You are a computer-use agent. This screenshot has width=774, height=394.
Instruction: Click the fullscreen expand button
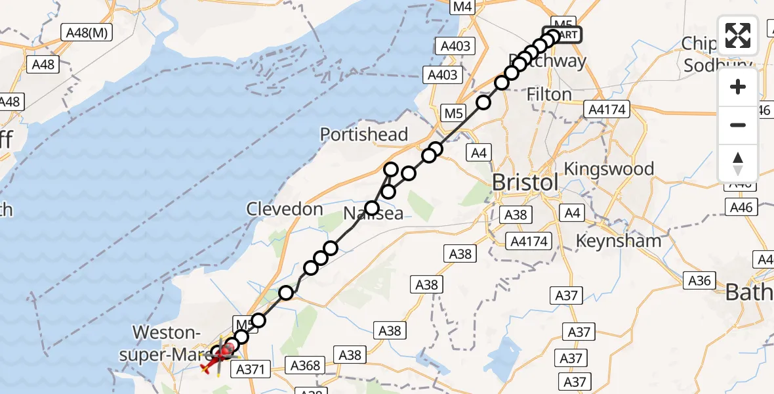click(738, 35)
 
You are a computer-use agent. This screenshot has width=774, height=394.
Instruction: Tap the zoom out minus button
click(738, 125)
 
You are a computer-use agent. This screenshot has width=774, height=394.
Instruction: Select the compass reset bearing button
click(738, 163)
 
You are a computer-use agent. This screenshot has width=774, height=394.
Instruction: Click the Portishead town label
click(364, 135)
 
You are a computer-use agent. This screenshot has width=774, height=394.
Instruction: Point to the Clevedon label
click(285, 209)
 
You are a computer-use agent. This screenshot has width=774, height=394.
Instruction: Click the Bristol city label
click(525, 183)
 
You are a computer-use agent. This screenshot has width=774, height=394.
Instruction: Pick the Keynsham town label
click(619, 241)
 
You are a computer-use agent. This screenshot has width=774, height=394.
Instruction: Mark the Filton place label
click(550, 95)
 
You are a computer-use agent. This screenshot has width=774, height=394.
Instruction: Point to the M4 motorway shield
click(463, 7)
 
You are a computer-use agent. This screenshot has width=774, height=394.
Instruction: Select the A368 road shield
click(306, 365)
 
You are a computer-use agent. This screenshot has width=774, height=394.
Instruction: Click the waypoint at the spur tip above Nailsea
click(391, 169)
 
